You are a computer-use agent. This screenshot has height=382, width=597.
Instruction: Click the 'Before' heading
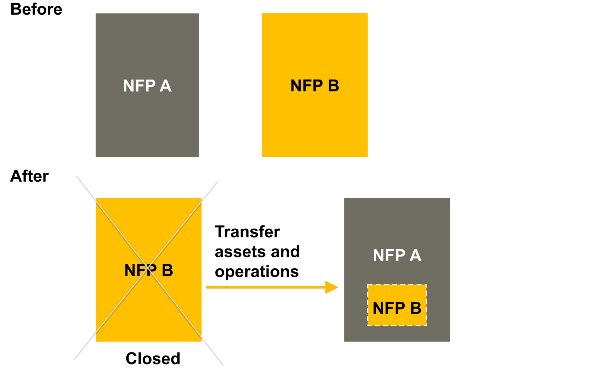coord(36,9)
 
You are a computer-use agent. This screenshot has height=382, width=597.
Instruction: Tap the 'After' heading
coord(30,176)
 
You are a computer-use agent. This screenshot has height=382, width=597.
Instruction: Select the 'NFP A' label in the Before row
coord(147,86)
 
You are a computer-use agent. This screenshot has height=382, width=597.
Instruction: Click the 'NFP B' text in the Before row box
coord(314,86)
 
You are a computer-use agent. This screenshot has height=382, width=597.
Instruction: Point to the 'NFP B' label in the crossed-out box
coord(148,270)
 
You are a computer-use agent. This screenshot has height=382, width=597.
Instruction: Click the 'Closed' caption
coord(153,358)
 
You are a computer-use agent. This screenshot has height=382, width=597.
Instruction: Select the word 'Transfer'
coord(247,232)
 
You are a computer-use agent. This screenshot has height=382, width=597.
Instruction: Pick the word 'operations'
coord(257,272)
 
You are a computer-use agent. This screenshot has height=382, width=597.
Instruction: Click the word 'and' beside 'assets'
coord(286,252)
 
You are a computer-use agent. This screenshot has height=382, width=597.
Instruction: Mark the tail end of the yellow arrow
coord(206,288)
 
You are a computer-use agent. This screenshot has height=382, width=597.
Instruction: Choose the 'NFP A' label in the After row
coord(397,255)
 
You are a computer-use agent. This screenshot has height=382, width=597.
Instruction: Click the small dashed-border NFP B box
coord(397,305)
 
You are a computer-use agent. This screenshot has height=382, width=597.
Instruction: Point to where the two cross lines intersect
coord(148,270)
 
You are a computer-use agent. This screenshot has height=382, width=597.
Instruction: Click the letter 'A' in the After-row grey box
coord(415,255)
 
